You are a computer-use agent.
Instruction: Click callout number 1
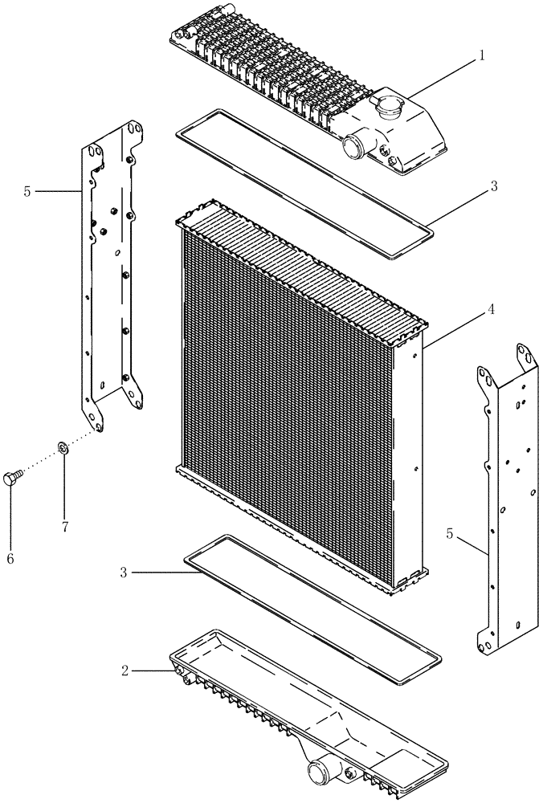482,56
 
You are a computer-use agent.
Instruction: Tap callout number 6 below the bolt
10,556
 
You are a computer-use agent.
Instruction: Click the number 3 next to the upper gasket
494,186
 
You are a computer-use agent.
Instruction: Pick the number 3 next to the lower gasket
125,573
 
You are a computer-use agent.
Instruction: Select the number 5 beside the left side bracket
27,191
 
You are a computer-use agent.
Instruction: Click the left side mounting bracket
112,273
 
